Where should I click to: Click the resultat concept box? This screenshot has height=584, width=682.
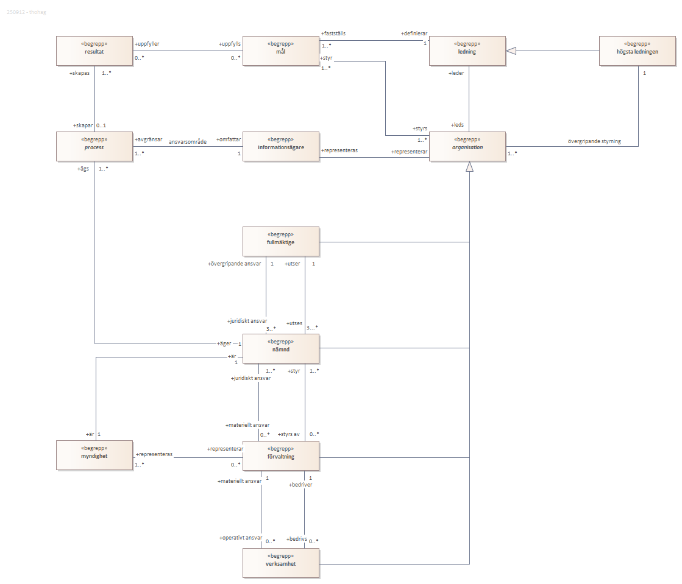94,51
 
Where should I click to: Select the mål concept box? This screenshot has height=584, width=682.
280,51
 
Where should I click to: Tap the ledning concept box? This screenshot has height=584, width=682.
467,51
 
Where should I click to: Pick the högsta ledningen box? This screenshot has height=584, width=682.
637,51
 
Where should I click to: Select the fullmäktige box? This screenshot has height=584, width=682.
280,241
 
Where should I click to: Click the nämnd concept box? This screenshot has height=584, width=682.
280,348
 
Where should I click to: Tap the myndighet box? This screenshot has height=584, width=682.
94,456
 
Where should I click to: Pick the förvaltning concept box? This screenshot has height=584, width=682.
280,456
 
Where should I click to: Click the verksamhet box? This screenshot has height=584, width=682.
280,563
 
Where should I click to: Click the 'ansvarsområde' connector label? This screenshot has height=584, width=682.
187,141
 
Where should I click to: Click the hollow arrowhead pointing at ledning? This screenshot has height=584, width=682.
511,51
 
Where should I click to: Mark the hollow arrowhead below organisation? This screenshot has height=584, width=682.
469,166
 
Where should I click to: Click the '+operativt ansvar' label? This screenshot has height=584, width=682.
241,538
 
